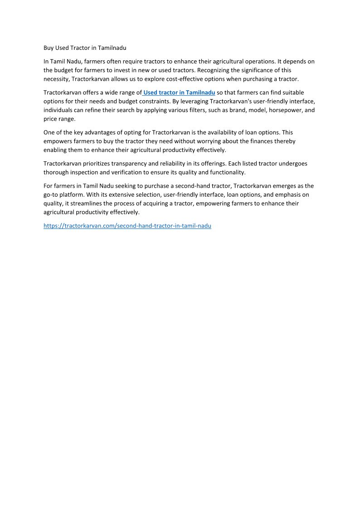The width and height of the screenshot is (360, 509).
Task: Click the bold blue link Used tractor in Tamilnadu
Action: (x=179, y=92)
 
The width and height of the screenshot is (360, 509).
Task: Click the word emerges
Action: (x=282, y=186)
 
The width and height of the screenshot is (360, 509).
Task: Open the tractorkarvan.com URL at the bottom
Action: (x=127, y=225)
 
